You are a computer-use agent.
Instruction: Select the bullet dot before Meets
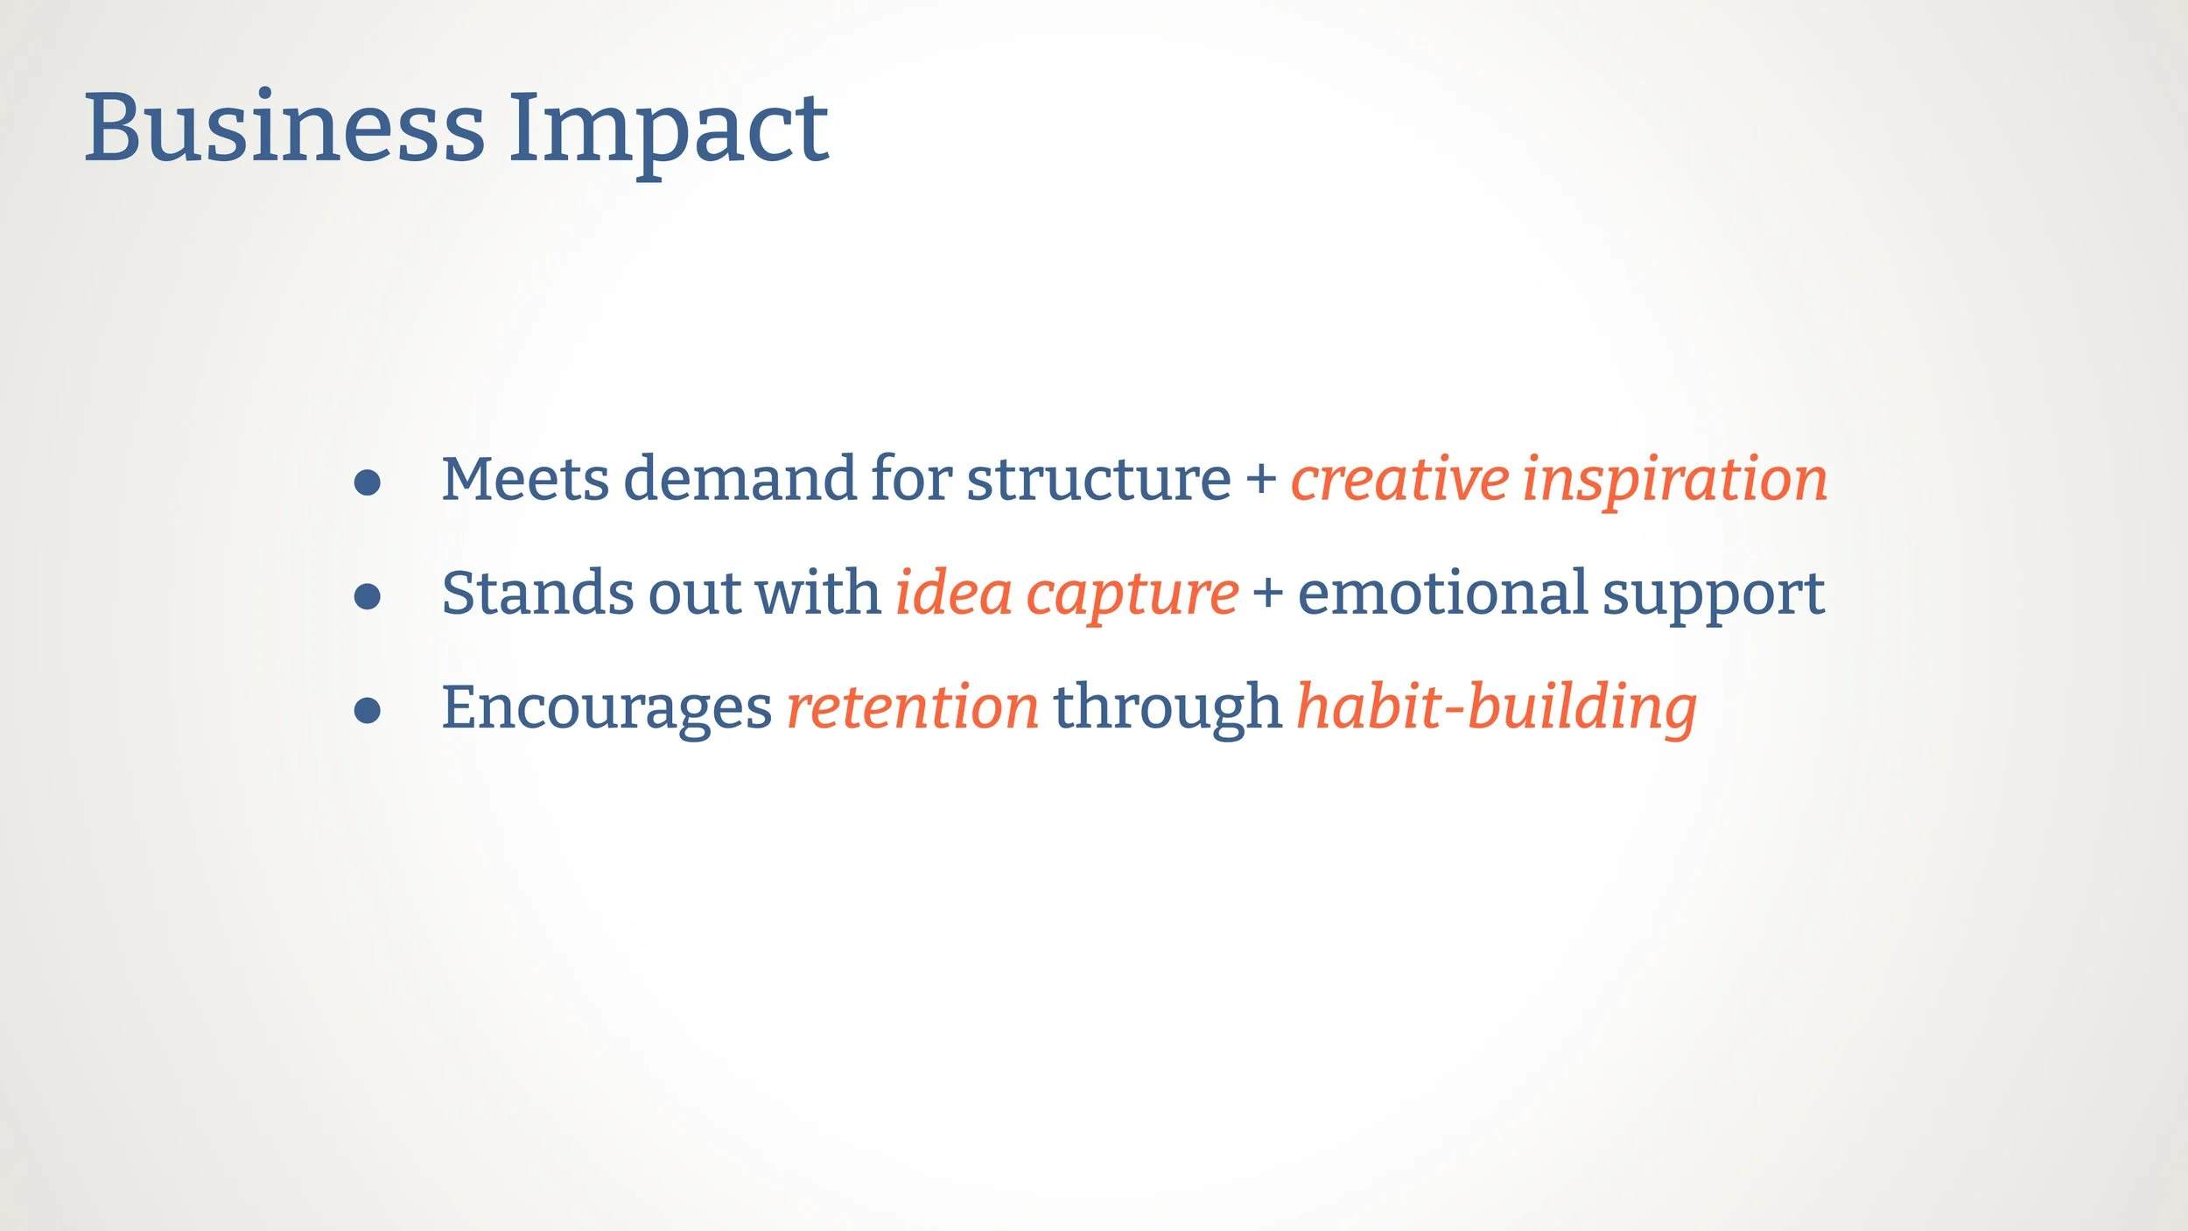pyautogui.click(x=368, y=483)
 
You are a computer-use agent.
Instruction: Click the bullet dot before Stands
pyautogui.click(x=368, y=597)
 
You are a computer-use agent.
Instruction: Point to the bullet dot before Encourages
pyautogui.click(x=368, y=711)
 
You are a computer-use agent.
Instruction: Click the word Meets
pyautogui.click(x=525, y=479)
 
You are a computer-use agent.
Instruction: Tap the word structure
pyautogui.click(x=1098, y=480)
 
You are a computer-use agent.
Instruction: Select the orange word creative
pyautogui.click(x=1399, y=480)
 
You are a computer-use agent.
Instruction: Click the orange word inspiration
pyautogui.click(x=1675, y=482)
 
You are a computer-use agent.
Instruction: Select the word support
pyautogui.click(x=1714, y=598)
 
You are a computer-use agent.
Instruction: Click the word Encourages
pyautogui.click(x=607, y=710)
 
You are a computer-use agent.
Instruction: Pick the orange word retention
pyautogui.click(x=913, y=707)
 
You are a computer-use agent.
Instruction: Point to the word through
pyautogui.click(x=1167, y=710)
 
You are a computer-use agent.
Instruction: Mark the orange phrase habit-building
pyautogui.click(x=1497, y=710)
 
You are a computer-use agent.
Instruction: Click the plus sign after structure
pyautogui.click(x=1261, y=480)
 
